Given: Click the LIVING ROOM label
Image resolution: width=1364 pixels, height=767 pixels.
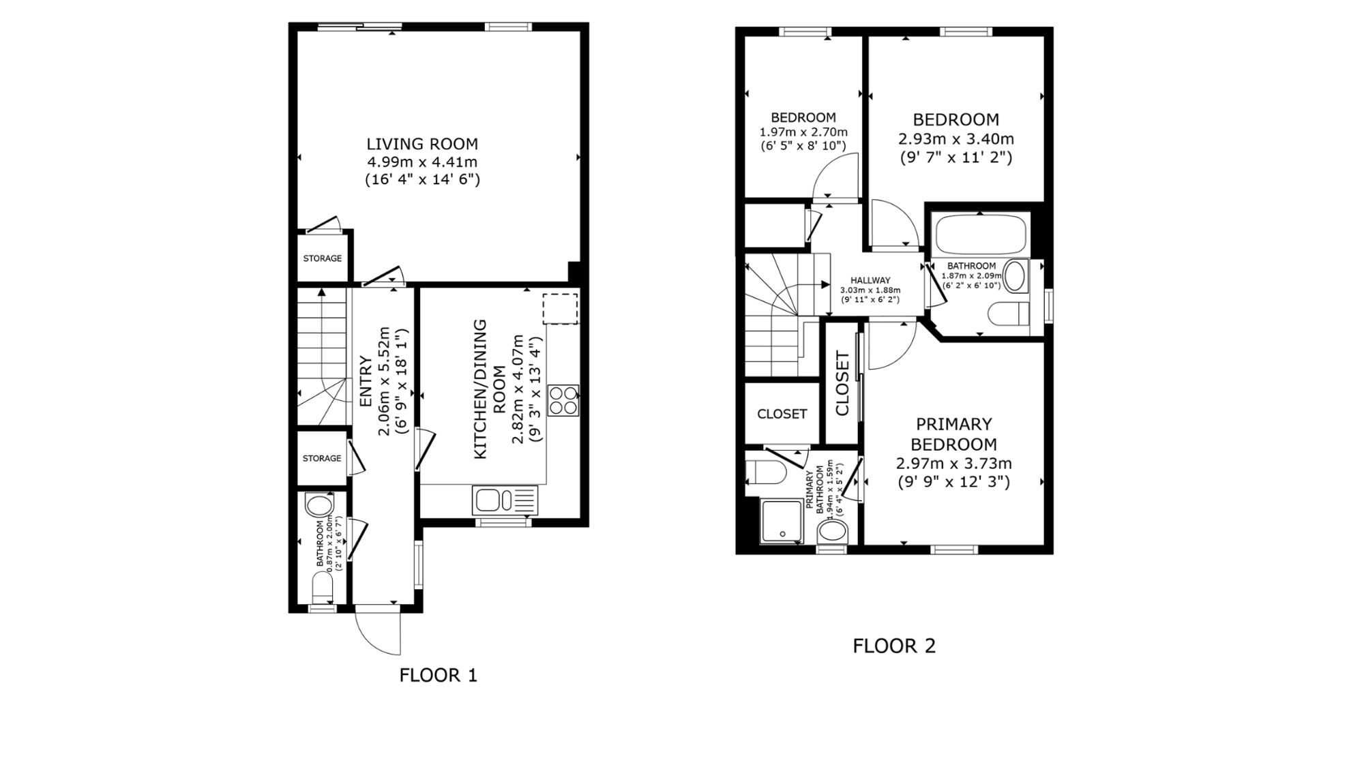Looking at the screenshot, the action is tap(422, 144).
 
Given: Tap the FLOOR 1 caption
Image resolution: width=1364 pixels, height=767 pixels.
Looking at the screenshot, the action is tap(438, 675).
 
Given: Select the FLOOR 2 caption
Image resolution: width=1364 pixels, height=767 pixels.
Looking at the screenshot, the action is tap(894, 646).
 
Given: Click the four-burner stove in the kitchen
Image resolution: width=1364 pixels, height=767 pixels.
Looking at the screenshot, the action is tap(563, 400).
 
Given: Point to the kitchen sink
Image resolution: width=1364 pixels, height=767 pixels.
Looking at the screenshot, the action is tap(505, 500).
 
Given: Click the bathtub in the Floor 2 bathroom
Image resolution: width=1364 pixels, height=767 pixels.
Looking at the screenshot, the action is tap(981, 235).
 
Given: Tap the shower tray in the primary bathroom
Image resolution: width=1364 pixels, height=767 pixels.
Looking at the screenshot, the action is tap(782, 522).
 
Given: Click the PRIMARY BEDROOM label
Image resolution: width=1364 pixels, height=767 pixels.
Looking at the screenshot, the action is tap(953, 434).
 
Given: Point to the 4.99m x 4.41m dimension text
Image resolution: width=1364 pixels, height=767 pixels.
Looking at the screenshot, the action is tap(422, 162).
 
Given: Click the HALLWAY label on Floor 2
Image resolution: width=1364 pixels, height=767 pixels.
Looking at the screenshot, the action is tap(870, 280).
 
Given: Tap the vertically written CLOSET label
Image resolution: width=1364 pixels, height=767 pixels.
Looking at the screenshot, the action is tap(842, 384).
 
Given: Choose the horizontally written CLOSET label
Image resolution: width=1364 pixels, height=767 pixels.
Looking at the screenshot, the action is tap(782, 414).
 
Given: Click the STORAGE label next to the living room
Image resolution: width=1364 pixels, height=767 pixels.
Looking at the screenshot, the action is tap(323, 258).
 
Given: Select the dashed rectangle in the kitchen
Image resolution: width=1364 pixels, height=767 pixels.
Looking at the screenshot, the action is tap(560, 309).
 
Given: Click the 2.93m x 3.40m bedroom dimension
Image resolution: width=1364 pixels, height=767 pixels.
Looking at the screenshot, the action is tap(956, 139).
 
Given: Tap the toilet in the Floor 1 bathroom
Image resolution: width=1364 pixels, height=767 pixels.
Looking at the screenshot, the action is tap(322, 586).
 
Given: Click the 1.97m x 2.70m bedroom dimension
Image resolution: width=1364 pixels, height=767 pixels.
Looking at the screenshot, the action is tap(803, 132).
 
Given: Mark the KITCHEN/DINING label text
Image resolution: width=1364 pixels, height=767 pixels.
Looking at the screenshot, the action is tap(481, 389).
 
